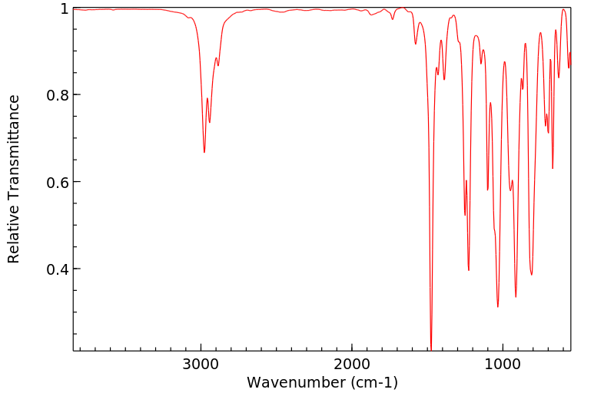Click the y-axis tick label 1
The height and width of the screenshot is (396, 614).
65,8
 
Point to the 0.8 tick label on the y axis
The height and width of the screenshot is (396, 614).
59,95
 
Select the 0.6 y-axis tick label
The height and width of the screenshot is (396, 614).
59,182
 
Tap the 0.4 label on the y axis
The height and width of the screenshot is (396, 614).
59,269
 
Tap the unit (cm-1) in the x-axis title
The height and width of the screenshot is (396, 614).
374,382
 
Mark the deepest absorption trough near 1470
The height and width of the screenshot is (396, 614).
431,349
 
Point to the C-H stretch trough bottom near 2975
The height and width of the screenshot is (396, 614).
204,152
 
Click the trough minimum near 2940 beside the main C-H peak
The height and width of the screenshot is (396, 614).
210,122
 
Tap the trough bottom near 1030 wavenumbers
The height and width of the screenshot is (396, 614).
498,307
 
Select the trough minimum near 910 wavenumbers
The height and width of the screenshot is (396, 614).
516,297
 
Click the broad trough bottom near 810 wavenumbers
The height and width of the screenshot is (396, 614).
531,275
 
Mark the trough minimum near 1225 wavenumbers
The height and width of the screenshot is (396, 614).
469,270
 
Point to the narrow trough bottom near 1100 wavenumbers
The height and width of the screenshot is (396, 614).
488,190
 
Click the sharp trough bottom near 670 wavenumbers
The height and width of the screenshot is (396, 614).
553,168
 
